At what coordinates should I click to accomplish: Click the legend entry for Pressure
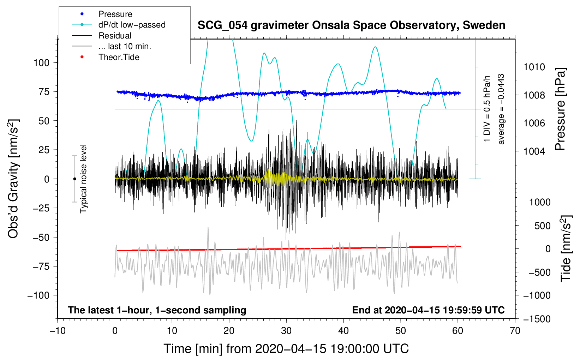[115, 14]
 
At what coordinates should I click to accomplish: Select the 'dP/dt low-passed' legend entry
[132, 25]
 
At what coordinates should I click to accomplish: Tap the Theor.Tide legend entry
[119, 57]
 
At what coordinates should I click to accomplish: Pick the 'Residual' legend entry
[115, 36]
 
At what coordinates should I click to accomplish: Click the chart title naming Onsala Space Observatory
[351, 25]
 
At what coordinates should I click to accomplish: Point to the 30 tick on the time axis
[286, 331]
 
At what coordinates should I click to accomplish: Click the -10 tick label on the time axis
[58, 331]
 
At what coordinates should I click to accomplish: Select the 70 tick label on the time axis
[515, 331]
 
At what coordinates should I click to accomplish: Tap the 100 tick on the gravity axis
[41, 63]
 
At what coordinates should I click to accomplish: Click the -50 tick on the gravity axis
[41, 237]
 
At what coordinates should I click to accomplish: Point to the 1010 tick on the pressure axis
[534, 67]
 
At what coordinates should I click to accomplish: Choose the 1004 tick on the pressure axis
[534, 151]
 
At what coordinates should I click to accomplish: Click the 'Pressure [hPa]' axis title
[560, 109]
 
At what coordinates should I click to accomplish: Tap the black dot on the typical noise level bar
[74, 179]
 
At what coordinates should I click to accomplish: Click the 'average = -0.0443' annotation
[501, 109]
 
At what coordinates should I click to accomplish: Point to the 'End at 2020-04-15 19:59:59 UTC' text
[428, 310]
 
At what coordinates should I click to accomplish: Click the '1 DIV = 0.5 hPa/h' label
[487, 109]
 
